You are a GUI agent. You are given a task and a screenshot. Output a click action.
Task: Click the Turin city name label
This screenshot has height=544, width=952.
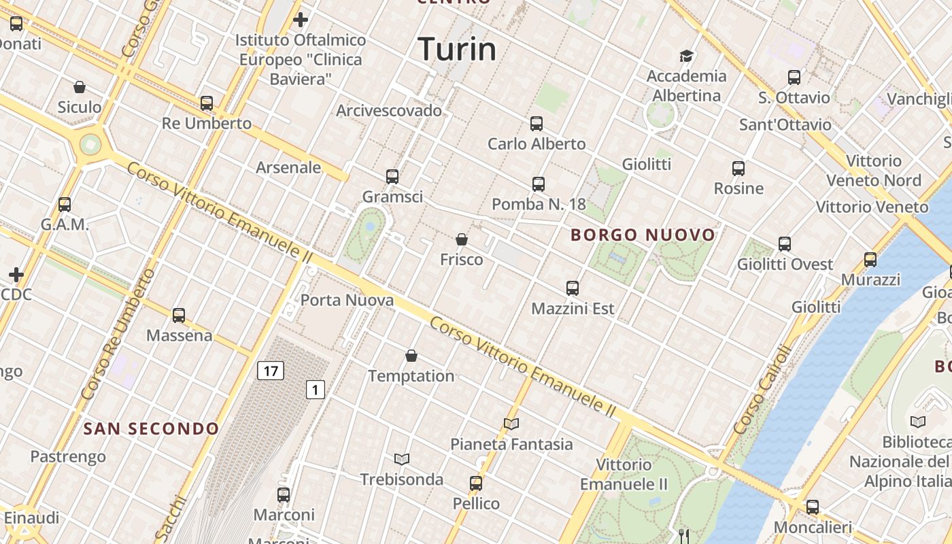click(x=457, y=49)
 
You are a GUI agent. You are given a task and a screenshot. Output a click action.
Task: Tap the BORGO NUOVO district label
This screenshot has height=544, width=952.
click(x=643, y=235)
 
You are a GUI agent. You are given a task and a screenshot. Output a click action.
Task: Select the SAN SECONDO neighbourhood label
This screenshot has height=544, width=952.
click(x=151, y=428)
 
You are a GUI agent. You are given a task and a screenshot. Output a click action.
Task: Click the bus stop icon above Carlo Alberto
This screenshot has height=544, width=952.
click(x=537, y=124)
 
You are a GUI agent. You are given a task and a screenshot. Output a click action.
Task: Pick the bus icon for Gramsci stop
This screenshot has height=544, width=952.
click(x=392, y=177)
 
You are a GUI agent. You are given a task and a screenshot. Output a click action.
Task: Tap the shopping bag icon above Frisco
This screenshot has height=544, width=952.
click(x=462, y=239)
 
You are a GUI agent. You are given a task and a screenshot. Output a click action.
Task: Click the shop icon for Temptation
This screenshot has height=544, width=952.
click(x=411, y=356)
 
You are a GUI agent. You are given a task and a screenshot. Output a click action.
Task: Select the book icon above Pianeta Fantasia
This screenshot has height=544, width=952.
click(x=511, y=424)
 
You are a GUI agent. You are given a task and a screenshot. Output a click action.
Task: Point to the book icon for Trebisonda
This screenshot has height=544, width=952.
click(x=402, y=459)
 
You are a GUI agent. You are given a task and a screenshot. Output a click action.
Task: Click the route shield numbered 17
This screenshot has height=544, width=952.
click(x=271, y=371)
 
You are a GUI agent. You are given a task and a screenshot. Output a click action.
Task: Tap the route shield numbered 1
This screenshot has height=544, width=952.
click(x=315, y=390)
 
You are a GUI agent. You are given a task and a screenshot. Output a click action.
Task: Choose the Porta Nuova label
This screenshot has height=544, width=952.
click(x=347, y=300)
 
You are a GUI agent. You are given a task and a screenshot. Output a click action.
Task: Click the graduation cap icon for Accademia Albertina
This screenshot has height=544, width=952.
click(x=686, y=56)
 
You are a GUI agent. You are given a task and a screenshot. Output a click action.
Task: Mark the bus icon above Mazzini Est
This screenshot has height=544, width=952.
click(x=573, y=288)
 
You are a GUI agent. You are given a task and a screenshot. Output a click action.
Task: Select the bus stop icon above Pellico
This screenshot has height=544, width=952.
click(x=476, y=483)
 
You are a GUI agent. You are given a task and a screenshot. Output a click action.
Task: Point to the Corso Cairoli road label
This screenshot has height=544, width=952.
click(x=764, y=390)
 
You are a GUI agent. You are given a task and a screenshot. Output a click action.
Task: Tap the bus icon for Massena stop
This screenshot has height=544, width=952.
click(x=179, y=316)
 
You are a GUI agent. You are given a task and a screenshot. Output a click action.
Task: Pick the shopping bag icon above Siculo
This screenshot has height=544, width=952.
click(x=80, y=87)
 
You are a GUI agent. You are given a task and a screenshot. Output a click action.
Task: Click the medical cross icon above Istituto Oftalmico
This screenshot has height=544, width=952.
click(x=301, y=20)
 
